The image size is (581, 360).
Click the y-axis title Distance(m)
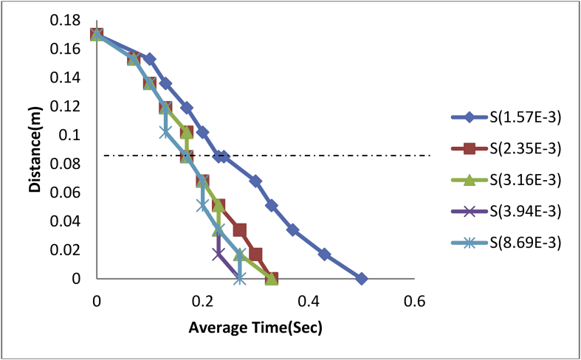point(35,156)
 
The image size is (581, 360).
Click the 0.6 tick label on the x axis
point(415,301)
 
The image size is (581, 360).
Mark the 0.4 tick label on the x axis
point(309,301)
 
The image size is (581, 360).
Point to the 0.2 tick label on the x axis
point(202,301)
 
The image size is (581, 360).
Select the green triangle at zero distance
point(272,278)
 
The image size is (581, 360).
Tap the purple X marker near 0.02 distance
point(219,254)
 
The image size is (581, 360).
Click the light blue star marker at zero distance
point(239,278)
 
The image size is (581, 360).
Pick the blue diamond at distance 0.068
point(255,181)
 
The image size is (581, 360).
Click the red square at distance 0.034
point(240,230)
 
